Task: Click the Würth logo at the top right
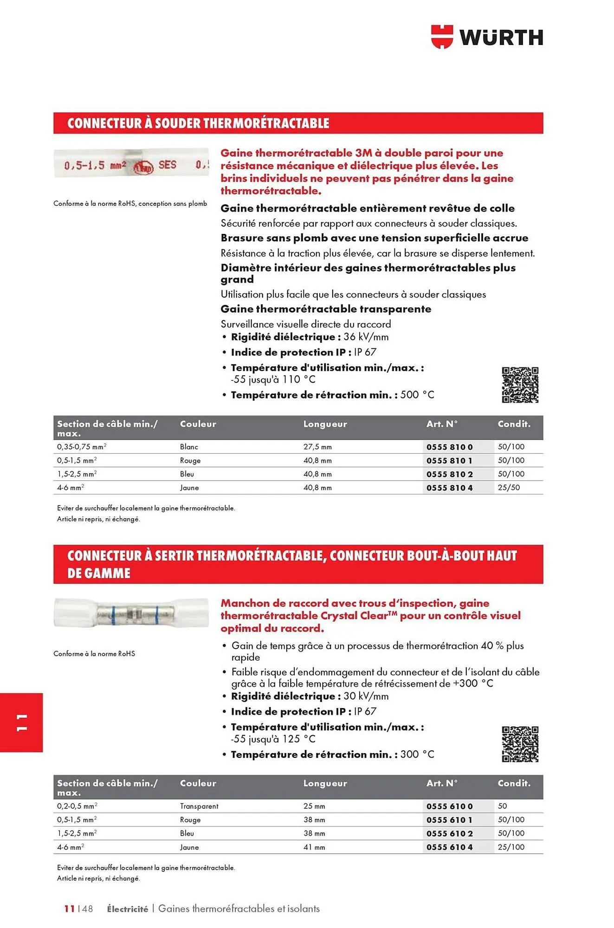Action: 487,37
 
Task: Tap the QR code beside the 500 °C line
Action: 520,385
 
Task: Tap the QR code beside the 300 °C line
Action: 520,744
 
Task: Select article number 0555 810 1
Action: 449,461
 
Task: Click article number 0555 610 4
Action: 449,847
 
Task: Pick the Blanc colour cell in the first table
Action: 189,447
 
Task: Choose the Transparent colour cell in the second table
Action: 199,806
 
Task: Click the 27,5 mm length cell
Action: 317,447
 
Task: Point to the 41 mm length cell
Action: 314,847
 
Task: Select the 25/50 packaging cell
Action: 509,488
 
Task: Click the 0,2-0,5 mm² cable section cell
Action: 77,806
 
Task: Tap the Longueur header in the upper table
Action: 325,424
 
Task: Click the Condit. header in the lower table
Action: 514,783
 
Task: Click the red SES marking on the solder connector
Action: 167,165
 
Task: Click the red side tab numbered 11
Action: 21,722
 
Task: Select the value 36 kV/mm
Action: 366,337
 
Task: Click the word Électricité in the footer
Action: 127,909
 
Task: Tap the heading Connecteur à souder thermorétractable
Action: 198,123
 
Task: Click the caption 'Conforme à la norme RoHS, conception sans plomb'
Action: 130,204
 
